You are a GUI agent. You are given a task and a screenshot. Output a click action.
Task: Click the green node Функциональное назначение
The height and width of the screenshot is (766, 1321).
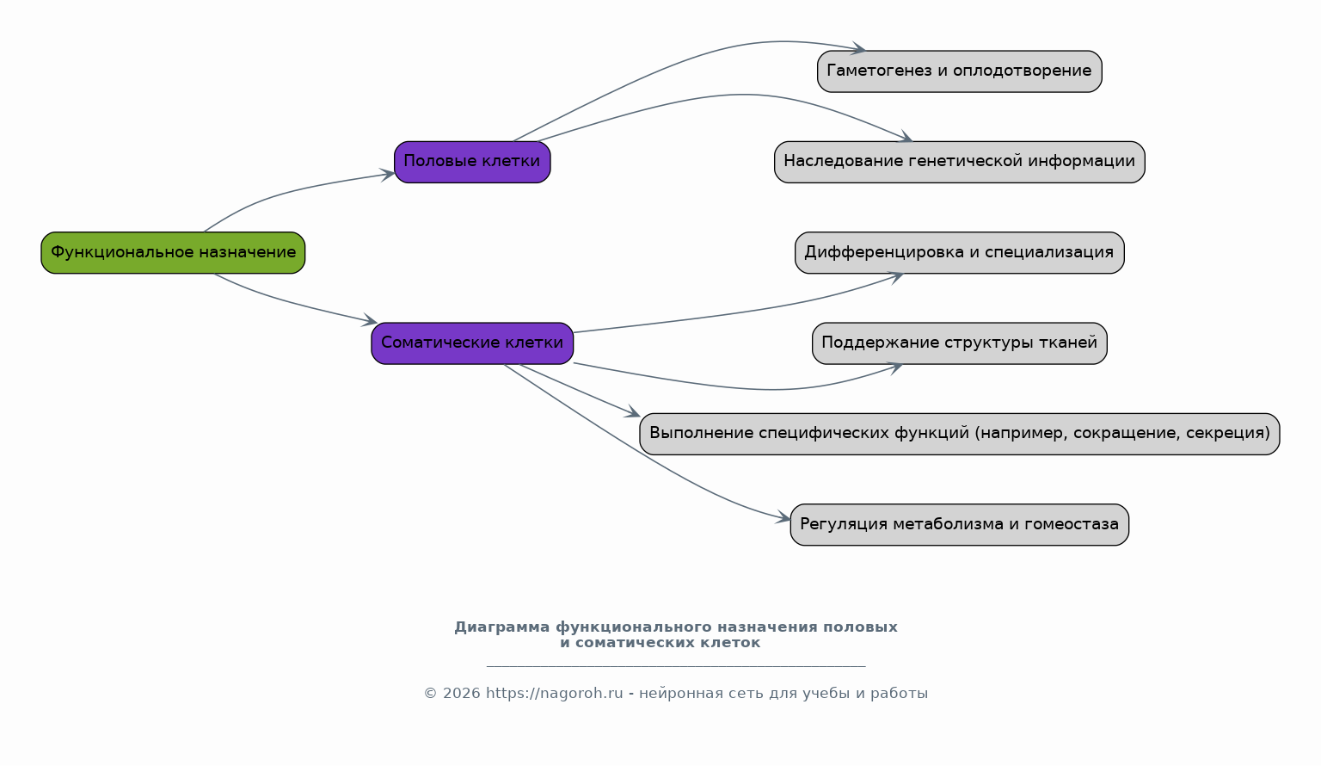(173, 252)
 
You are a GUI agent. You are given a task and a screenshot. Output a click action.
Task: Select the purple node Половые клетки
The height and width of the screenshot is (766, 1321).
(472, 163)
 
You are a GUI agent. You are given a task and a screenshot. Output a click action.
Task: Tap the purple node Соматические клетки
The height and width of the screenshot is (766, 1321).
(472, 343)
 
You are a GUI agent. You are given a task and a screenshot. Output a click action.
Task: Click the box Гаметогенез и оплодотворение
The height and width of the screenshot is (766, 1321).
(960, 71)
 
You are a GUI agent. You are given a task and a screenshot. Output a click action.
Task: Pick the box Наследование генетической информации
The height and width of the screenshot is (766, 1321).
(960, 163)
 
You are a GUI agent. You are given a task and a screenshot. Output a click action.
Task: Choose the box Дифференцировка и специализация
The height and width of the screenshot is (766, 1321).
(960, 252)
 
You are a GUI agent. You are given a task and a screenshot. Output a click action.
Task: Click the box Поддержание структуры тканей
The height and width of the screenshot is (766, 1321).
(960, 343)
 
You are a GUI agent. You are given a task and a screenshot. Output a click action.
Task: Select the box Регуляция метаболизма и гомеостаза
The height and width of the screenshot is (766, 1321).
(960, 525)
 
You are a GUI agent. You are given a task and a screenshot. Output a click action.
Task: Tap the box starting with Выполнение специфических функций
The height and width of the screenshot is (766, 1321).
(960, 434)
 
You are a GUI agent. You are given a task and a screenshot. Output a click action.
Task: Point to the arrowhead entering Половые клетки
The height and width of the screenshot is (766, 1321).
(389, 175)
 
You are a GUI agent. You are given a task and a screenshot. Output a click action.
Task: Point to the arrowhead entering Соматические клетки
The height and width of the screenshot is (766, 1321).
(371, 320)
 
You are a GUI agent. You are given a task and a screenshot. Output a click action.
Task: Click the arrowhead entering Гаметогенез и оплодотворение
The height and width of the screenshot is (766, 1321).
(858, 49)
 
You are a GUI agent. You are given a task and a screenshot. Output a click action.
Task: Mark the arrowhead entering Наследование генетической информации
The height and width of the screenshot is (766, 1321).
(906, 138)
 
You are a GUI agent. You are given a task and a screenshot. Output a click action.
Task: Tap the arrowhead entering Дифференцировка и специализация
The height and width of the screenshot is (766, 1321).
(897, 277)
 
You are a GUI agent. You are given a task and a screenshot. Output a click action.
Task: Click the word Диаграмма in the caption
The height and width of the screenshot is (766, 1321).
(502, 627)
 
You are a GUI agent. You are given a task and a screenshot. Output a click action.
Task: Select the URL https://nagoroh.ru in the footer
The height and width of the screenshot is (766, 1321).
(555, 694)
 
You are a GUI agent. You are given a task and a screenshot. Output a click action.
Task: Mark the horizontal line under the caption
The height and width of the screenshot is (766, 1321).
(676, 666)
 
